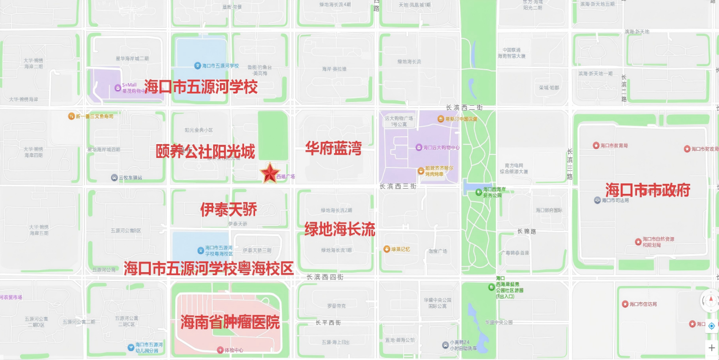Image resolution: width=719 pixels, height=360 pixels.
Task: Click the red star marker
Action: (270, 173)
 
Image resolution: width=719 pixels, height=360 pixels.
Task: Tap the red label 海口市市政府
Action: (647, 190)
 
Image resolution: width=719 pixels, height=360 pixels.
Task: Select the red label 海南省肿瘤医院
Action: (230, 323)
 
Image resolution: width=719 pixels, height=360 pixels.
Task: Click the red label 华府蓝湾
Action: (333, 148)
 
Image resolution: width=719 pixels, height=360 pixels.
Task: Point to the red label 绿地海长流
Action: (340, 229)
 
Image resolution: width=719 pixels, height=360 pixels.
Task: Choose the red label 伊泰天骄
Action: (229, 209)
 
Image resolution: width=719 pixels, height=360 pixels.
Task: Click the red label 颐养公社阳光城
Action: (205, 151)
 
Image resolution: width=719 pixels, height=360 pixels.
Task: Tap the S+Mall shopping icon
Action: (118, 87)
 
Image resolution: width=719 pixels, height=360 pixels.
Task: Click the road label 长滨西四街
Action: (325, 277)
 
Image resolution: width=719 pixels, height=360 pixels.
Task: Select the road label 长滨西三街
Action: (398, 186)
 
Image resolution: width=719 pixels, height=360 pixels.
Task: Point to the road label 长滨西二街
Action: (464, 108)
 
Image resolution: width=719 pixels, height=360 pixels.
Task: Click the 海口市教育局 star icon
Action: (596, 145)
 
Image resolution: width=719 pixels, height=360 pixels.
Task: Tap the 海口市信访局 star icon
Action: (625, 304)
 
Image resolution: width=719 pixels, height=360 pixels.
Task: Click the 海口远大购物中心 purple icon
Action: (419, 147)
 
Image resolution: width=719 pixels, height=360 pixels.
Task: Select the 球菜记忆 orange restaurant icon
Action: (387, 249)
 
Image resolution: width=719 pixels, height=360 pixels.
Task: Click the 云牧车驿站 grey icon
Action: (114, 178)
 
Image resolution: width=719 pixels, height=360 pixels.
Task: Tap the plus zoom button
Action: (712, 348)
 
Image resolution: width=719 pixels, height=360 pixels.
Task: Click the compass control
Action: (709, 301)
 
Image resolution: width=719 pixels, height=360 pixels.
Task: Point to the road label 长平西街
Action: (328, 323)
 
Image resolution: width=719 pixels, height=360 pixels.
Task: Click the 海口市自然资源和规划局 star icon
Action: (638, 241)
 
